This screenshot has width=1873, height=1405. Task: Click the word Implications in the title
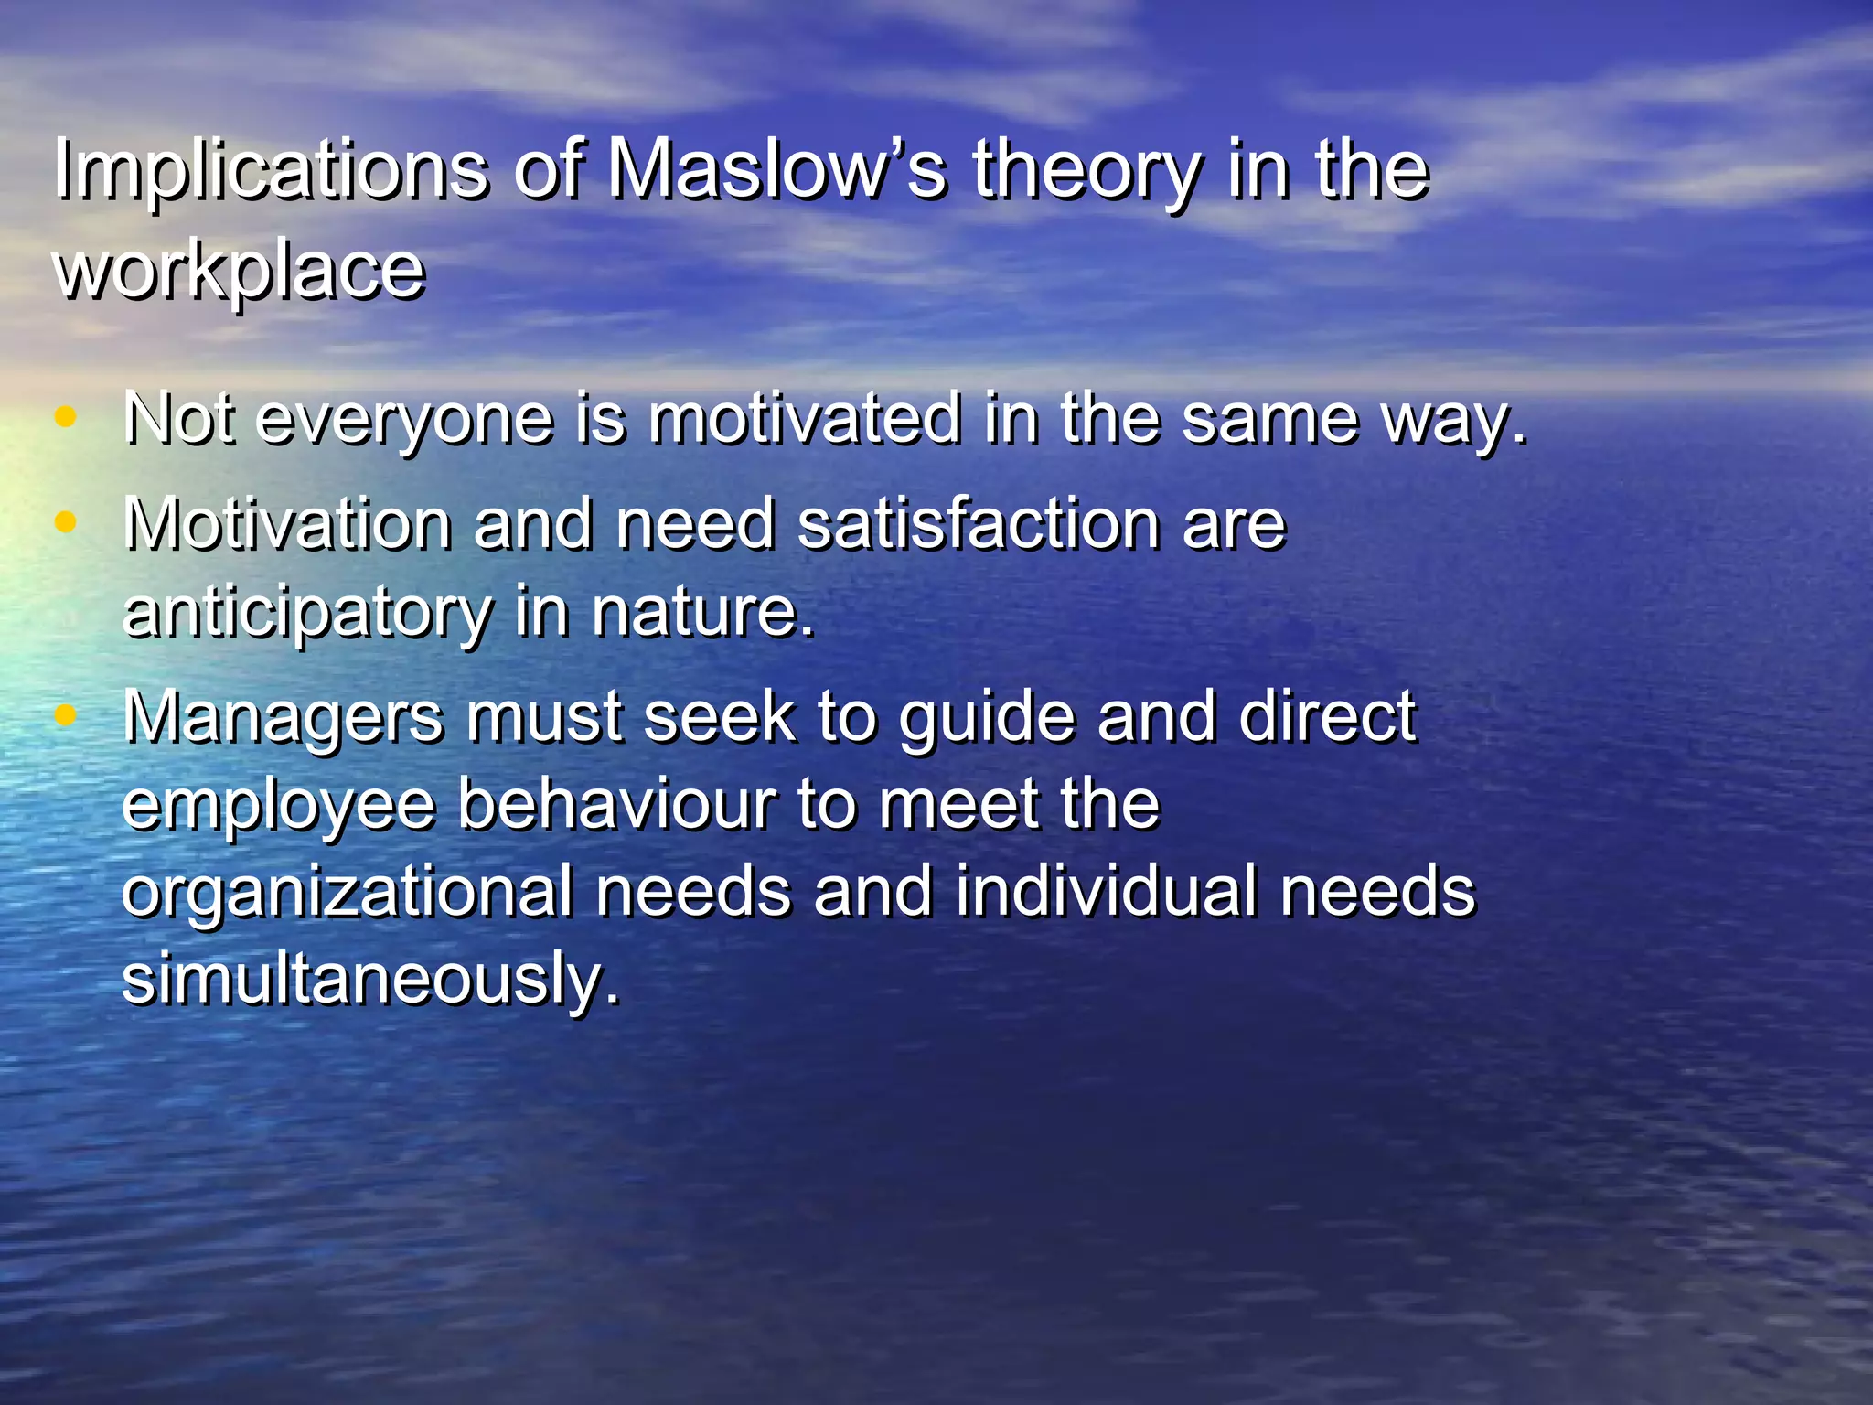coord(270,171)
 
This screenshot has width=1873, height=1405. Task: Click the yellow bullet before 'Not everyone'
coord(65,417)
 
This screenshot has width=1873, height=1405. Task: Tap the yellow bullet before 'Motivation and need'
coord(65,522)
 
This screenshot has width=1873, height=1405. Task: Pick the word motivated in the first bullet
coord(805,418)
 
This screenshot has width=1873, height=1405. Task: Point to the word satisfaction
coord(979,524)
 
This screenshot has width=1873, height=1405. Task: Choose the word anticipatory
coord(307,612)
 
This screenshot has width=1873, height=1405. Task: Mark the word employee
coord(278,806)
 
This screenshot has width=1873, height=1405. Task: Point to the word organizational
coord(348,892)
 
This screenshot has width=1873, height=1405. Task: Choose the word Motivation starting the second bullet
coord(288,524)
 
